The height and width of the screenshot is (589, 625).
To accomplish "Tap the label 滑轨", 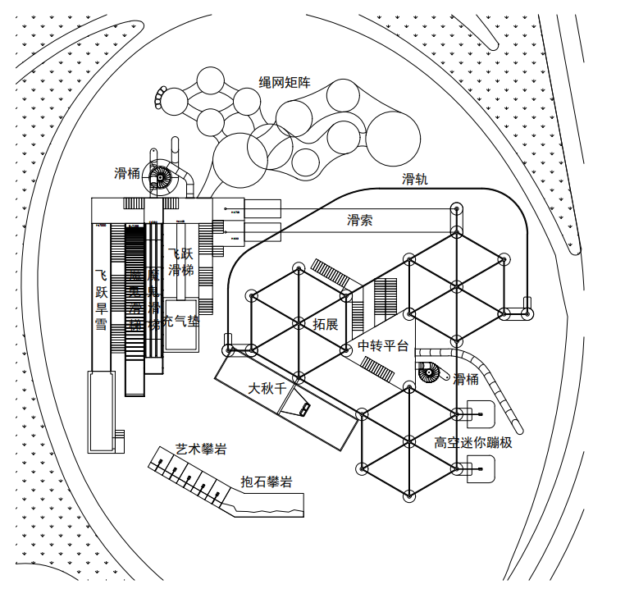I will [414, 179].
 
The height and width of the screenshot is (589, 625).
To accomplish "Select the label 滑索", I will [360, 220].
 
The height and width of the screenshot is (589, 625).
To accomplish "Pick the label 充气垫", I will [180, 321].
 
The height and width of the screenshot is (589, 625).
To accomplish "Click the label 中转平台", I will [383, 345].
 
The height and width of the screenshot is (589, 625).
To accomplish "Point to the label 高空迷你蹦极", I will [473, 443].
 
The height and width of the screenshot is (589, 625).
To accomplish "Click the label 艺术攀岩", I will [201, 449].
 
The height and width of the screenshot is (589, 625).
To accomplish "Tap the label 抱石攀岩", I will [267, 482].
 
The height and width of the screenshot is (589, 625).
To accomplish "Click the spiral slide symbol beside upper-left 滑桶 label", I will [161, 176].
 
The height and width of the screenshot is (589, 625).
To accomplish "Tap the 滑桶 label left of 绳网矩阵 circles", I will [127, 173].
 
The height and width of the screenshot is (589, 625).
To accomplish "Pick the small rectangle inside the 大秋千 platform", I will [303, 408].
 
